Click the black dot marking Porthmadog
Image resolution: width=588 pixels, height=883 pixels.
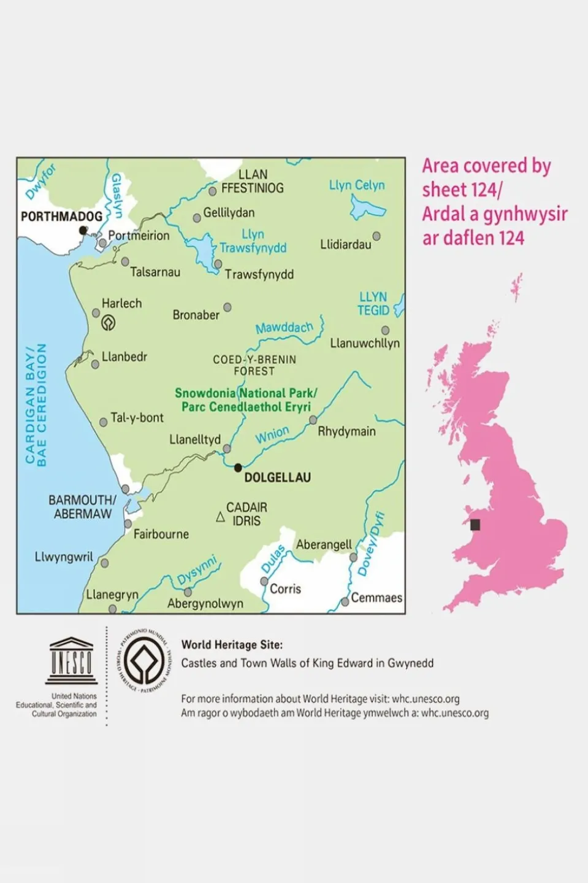[x=83, y=231]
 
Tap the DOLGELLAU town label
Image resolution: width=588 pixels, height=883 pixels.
[x=277, y=477]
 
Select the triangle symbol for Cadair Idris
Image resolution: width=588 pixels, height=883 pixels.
[x=220, y=517]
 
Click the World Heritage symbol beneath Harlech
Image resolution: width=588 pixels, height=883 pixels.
[x=109, y=323]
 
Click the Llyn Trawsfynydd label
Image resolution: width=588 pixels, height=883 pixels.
[x=253, y=241]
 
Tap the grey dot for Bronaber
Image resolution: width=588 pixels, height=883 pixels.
[x=227, y=307]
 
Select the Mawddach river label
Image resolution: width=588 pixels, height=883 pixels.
[x=284, y=328]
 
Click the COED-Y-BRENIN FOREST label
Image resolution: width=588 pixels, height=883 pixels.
[x=254, y=365]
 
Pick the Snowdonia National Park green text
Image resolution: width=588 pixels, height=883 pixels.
[x=246, y=399]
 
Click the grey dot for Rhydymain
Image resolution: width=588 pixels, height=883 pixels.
[x=313, y=420]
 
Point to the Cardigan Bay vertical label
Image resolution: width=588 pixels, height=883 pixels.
[x=36, y=404]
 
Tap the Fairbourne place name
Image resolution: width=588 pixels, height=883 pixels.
[x=161, y=534]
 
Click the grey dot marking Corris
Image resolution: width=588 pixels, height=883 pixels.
[x=264, y=581]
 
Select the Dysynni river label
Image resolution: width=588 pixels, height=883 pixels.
[x=197, y=571]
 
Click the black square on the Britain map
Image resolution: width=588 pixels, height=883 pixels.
[x=475, y=525]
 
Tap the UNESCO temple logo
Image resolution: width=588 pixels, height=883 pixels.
[x=71, y=661]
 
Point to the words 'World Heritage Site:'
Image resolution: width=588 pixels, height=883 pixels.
[x=232, y=645]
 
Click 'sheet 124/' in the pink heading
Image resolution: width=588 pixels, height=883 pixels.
[x=462, y=190]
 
